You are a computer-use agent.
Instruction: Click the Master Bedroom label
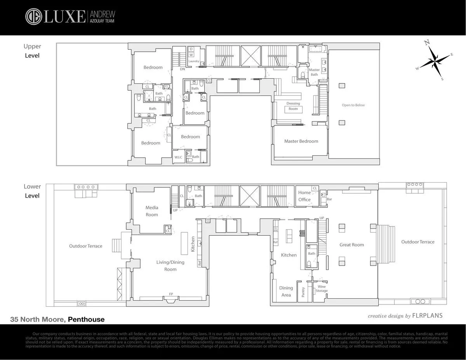point(301,141)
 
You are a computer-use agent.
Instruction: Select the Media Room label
point(152,211)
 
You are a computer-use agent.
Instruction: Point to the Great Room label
point(351,245)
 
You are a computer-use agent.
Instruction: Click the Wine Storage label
point(322,289)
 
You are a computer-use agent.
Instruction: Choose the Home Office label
point(304,196)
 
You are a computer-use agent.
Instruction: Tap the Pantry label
point(303,292)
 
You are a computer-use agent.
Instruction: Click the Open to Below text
point(353,105)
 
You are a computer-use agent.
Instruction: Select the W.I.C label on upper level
point(178,157)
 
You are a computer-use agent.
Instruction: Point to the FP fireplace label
point(171,294)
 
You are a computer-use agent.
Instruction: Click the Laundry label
point(193,61)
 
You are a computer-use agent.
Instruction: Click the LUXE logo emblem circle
point(33,17)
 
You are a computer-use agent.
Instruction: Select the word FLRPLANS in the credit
point(428,316)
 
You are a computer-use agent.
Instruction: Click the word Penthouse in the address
point(86,320)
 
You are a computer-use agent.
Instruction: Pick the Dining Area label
point(286,291)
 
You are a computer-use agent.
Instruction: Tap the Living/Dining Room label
point(170,266)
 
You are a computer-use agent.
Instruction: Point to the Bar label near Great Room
point(329,199)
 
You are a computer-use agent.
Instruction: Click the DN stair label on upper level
point(182,69)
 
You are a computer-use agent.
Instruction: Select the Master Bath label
point(314,72)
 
